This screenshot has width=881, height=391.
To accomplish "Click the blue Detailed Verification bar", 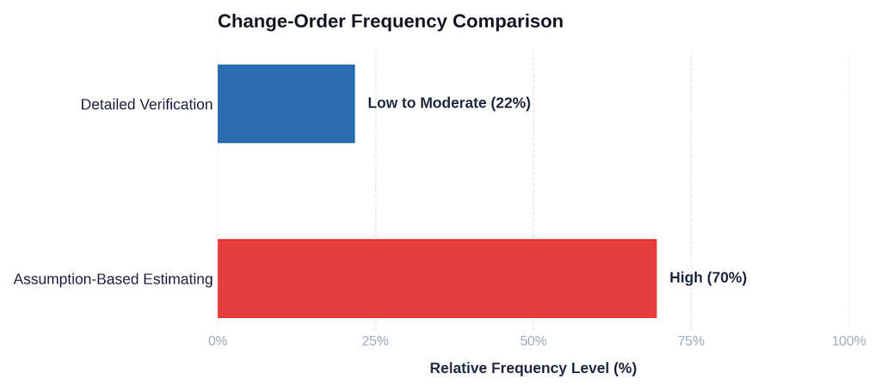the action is point(286,104).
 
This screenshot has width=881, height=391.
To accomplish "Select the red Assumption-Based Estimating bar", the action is point(437,278).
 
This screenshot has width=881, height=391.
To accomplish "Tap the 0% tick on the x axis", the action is point(218,340).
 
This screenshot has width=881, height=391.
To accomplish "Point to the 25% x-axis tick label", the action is point(375,340).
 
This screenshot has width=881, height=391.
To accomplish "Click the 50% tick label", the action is point(533,340).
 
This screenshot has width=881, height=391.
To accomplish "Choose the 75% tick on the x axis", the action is point(691,340).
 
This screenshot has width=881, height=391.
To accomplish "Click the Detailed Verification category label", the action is point(146,104).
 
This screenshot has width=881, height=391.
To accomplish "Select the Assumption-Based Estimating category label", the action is point(113,279).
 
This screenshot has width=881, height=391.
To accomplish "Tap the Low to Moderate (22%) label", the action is point(449,103).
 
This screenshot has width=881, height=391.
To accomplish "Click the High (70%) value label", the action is point(708,278).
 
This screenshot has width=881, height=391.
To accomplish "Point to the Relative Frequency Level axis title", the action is point(533,368).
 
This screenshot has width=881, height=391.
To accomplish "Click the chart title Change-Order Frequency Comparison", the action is point(391,21).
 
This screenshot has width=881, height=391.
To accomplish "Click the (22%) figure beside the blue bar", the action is point(510,103).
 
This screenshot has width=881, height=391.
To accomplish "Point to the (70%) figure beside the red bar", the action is point(726,278).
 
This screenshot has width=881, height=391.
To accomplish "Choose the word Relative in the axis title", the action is point(455,368).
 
